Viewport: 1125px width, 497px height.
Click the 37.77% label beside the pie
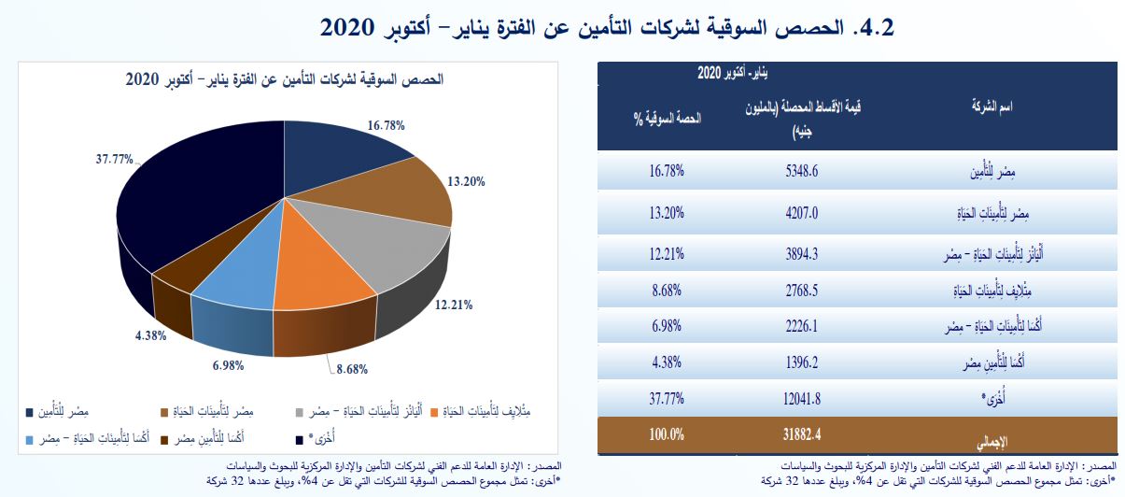pos(114,159)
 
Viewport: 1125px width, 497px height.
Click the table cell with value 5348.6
pos(803,172)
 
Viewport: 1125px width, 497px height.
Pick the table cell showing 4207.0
pos(803,212)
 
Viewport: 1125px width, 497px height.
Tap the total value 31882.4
pos(803,434)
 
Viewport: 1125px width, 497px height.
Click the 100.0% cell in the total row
pos(665,434)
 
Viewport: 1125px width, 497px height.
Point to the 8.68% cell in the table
pos(665,291)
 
